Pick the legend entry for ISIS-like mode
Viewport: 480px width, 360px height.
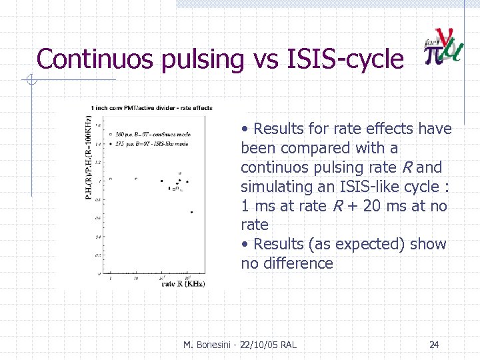tap(150, 143)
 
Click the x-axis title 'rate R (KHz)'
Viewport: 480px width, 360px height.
tap(183, 283)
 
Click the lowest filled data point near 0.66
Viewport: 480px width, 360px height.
tap(191, 212)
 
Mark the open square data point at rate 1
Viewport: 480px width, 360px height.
tap(111, 179)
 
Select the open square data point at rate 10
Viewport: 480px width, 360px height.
tap(136, 179)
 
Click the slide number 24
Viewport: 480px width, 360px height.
tap(434, 345)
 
